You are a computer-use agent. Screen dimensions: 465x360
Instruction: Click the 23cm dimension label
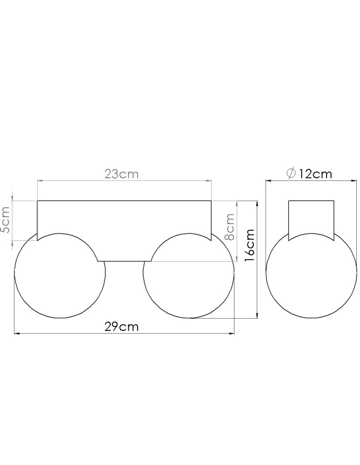click(x=121, y=174)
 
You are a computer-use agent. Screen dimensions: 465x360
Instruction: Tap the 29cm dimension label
click(x=121, y=326)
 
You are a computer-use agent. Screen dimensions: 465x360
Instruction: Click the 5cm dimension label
click(x=5, y=226)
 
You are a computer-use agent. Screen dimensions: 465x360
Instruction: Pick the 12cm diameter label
click(x=315, y=174)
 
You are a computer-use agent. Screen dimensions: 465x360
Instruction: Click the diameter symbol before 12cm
click(x=291, y=174)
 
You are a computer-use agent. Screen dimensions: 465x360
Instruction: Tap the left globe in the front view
click(x=60, y=279)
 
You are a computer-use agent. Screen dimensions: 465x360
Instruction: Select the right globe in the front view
click(x=189, y=279)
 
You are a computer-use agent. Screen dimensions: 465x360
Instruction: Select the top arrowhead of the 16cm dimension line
click(x=257, y=203)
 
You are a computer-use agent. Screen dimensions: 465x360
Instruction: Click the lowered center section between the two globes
click(x=124, y=253)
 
